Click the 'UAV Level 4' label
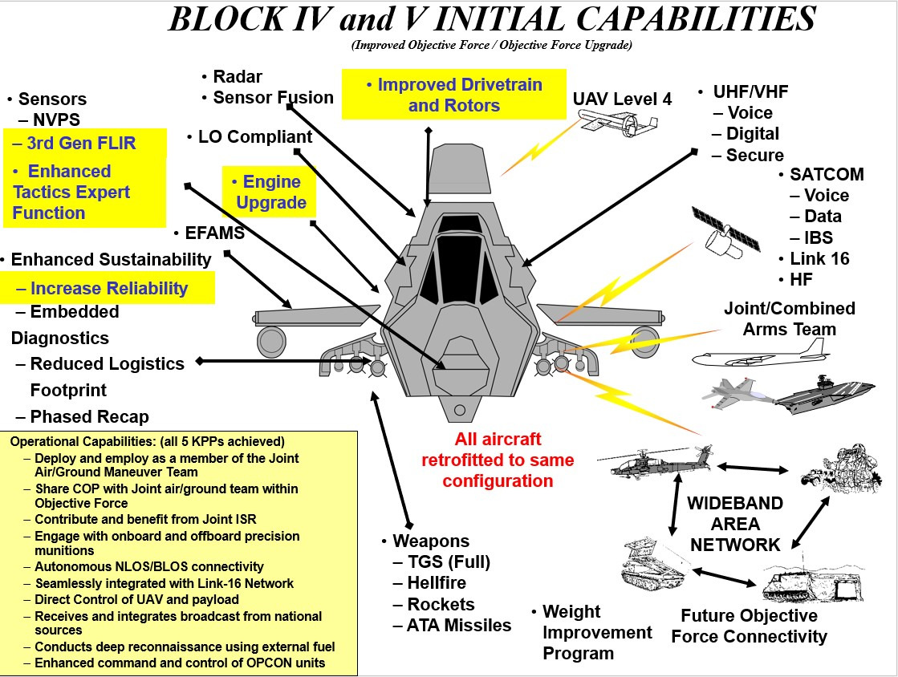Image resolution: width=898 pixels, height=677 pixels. point(622,99)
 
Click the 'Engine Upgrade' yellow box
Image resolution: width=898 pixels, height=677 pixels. point(269,193)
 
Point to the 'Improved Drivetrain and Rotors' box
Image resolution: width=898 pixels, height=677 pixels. point(453,95)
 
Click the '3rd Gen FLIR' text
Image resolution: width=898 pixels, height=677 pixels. point(80,144)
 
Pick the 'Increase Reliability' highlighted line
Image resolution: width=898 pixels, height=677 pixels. point(108,289)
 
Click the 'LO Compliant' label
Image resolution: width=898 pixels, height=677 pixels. point(254,137)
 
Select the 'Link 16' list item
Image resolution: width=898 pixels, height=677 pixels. point(819,259)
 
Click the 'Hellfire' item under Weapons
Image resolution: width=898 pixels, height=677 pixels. point(436,583)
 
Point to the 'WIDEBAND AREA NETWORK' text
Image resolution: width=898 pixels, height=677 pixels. point(735,524)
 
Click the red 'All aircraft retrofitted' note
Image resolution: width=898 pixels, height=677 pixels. point(498,460)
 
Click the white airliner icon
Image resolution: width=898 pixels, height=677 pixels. point(758,354)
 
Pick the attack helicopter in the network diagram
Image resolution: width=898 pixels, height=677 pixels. point(654,460)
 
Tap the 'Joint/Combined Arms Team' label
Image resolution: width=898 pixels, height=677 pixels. point(789,318)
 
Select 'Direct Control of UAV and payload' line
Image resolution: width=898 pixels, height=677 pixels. point(136,599)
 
